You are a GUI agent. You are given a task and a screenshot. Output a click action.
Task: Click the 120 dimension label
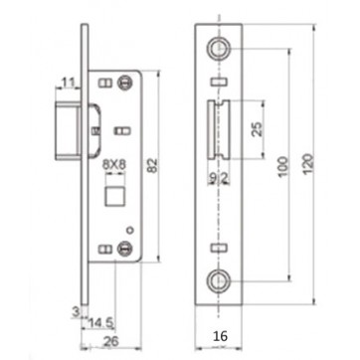[308, 165]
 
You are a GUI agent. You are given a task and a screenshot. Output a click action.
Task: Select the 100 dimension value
[282, 166]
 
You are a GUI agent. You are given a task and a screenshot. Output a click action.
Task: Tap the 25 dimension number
[257, 129]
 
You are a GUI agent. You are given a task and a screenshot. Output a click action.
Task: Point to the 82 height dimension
[152, 165]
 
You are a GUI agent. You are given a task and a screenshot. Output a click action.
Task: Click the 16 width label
[220, 336]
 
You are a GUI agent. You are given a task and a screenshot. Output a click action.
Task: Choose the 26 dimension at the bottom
[111, 342]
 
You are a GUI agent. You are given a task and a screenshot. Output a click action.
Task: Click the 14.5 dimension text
[100, 323]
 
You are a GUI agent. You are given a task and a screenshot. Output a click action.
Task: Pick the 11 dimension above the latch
[69, 83]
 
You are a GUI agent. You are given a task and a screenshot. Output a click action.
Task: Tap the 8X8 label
[114, 165]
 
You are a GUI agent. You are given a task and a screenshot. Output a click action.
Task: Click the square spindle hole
[114, 196]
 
